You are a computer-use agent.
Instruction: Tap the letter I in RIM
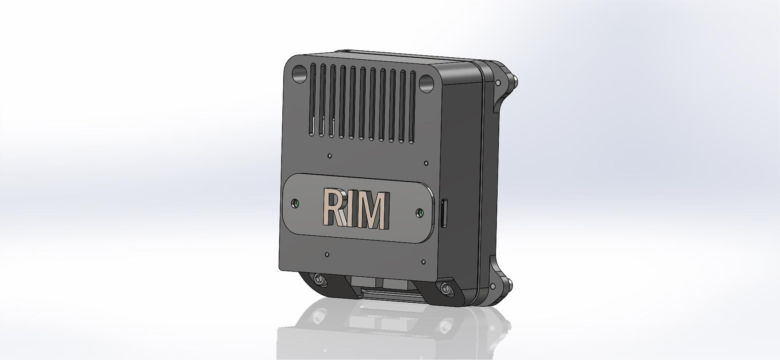[355, 209]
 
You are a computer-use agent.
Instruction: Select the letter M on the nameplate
[373, 210]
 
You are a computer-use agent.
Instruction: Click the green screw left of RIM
[297, 203]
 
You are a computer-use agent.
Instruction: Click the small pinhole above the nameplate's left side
[330, 155]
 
